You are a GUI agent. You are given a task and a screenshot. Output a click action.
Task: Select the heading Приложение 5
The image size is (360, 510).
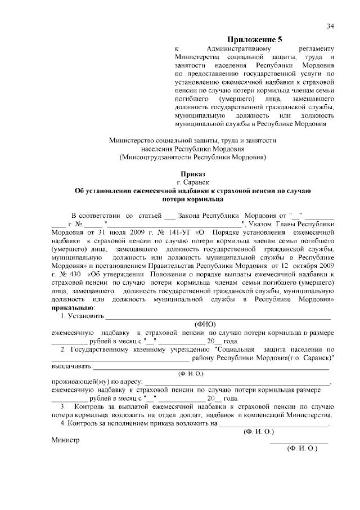click(x=254, y=39)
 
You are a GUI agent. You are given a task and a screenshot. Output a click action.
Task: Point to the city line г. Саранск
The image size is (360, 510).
click(x=192, y=182)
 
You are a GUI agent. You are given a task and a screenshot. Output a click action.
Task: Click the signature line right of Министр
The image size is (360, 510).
click(x=299, y=442)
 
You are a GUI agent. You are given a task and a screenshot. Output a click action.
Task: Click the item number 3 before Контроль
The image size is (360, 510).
click(x=64, y=406)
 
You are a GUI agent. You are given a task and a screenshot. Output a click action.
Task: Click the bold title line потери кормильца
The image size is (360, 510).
click(x=192, y=199)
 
